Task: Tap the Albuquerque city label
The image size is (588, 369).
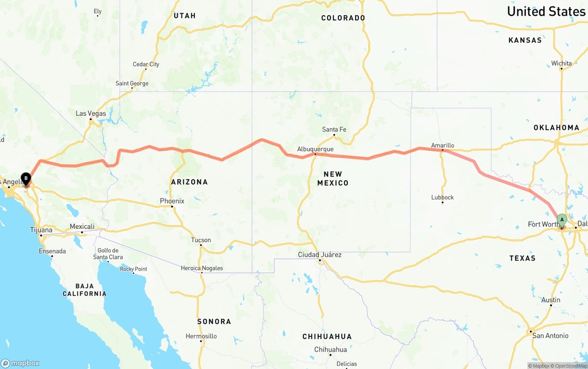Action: (315, 149)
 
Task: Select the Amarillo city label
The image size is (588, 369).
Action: (442, 146)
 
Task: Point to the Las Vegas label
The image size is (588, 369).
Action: (90, 114)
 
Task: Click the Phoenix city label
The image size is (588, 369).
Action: (172, 201)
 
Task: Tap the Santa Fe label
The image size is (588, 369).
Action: (334, 130)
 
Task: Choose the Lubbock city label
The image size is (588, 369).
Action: (442, 198)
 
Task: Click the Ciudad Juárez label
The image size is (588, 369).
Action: (320, 255)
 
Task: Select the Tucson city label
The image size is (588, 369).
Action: (201, 240)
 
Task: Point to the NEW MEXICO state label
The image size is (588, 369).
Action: (333, 178)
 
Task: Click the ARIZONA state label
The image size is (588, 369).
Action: (189, 182)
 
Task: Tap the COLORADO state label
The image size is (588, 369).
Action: (343, 18)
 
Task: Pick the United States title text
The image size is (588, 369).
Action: (546, 11)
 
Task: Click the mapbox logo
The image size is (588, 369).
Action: (20, 363)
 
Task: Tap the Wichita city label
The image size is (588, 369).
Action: (561, 63)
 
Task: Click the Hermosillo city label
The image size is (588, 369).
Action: (201, 336)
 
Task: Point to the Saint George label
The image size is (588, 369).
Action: (132, 84)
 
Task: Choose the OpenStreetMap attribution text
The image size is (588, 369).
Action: (570, 366)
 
